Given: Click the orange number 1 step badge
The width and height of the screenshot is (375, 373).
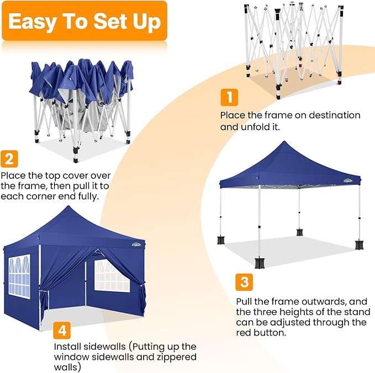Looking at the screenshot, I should (x=229, y=97).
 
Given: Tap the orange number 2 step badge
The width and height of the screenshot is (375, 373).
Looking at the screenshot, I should (x=9, y=158).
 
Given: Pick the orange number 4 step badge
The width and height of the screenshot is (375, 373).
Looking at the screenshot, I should (x=62, y=331).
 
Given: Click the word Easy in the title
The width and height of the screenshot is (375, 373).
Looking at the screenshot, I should (x=33, y=22).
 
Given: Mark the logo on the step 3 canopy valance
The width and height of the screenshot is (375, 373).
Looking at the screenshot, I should (x=347, y=180).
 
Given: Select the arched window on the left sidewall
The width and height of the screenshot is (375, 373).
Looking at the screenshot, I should (x=19, y=276).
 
